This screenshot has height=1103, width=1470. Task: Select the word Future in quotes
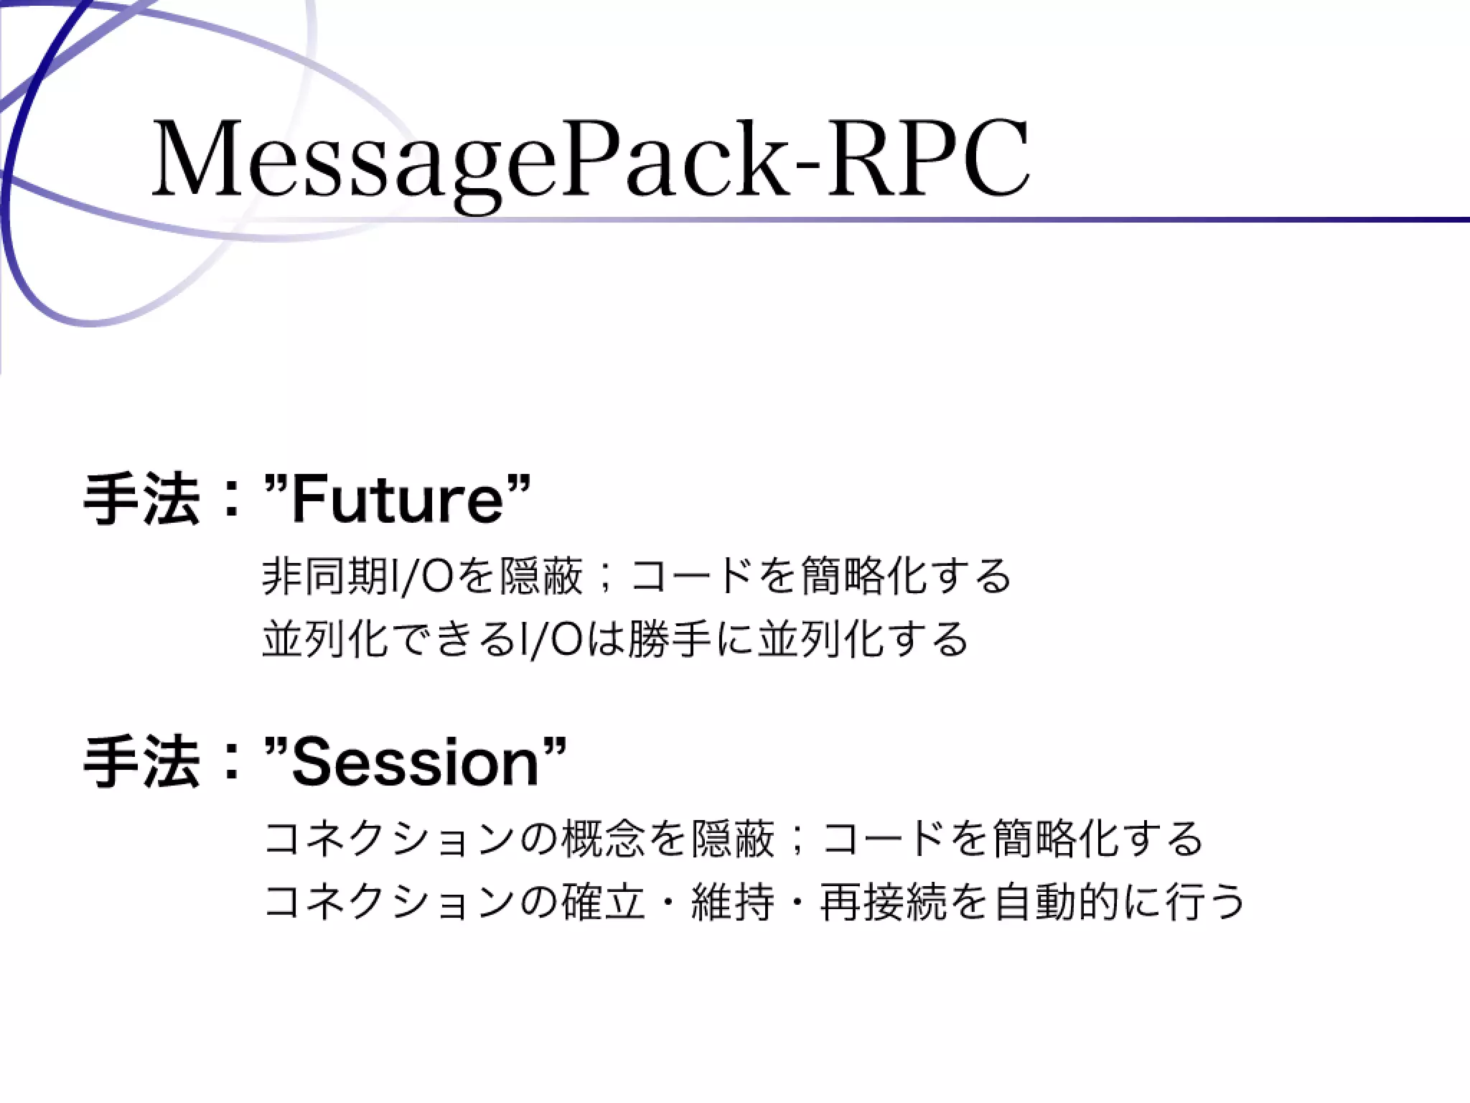(397, 500)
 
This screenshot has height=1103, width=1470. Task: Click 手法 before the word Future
(141, 500)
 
